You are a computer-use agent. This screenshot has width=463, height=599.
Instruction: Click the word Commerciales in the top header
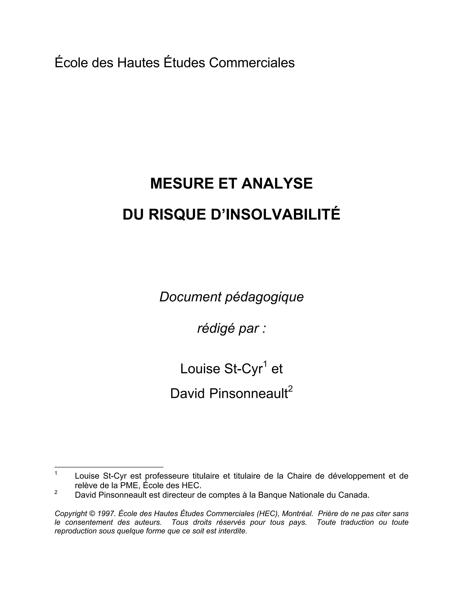(x=252, y=63)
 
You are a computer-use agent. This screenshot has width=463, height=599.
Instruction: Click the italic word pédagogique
(x=264, y=297)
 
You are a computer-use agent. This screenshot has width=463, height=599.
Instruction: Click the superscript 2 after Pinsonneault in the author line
(x=291, y=388)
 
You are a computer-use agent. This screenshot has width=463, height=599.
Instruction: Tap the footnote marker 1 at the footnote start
(x=56, y=473)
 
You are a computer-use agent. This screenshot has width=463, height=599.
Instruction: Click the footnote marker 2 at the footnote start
(x=56, y=492)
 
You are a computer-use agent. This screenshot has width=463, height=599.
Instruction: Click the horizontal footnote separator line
(x=109, y=467)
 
